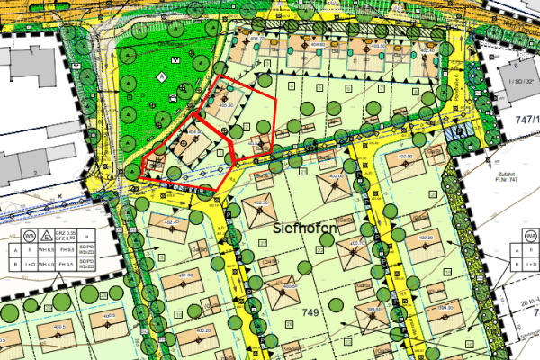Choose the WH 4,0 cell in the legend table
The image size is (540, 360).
coord(55,265)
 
